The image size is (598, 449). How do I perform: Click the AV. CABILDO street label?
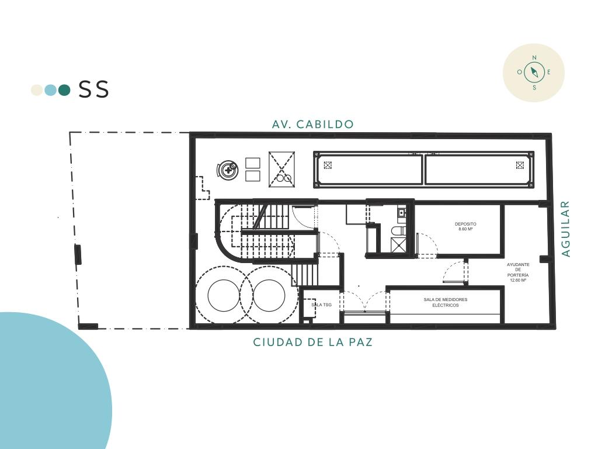313,124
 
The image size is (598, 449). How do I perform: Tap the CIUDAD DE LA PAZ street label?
313,342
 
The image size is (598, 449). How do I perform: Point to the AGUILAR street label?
566,229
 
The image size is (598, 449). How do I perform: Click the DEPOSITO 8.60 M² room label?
465,226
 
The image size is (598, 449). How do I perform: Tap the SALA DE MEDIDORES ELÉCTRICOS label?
446,302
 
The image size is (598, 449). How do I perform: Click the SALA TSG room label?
322,305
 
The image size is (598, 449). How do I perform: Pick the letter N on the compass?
534,58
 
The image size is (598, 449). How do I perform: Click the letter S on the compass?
534,88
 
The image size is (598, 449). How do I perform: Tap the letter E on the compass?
549,72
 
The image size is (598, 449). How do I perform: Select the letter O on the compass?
519,72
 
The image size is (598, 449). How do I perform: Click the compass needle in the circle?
534,72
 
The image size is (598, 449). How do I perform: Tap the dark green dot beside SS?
64,89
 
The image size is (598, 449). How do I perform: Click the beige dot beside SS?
37,89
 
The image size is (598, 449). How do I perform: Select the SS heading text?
94,89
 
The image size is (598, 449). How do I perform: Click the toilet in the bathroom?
398,230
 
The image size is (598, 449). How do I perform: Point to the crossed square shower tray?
398,245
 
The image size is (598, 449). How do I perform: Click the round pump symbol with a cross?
228,170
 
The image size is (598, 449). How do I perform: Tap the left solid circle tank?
224,295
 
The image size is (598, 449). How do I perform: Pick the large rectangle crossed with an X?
282,169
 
